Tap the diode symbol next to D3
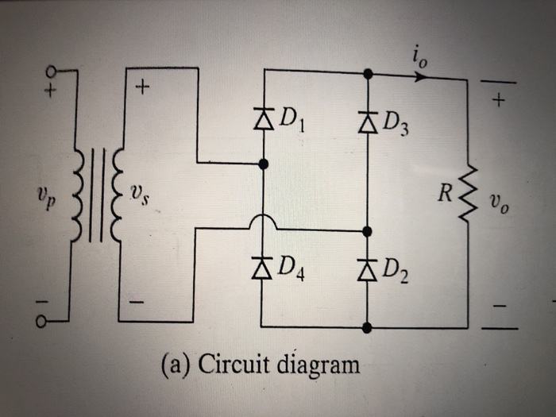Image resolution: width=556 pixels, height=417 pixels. coord(366,122)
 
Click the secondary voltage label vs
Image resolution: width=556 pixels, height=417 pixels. coord(140,194)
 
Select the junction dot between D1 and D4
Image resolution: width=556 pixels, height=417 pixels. coord(263,164)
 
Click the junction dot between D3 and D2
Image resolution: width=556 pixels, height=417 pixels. coord(366,231)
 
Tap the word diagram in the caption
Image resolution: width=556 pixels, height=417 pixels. coord(313,366)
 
